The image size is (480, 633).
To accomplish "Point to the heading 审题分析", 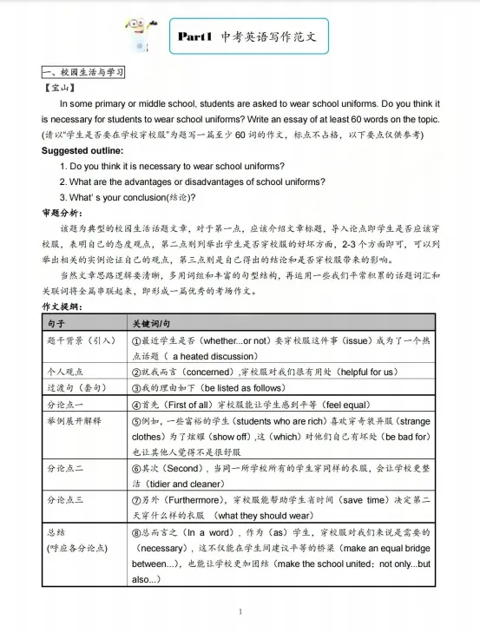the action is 62,213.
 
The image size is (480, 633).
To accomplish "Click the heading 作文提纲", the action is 62,307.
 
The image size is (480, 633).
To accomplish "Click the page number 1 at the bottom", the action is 240,612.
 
